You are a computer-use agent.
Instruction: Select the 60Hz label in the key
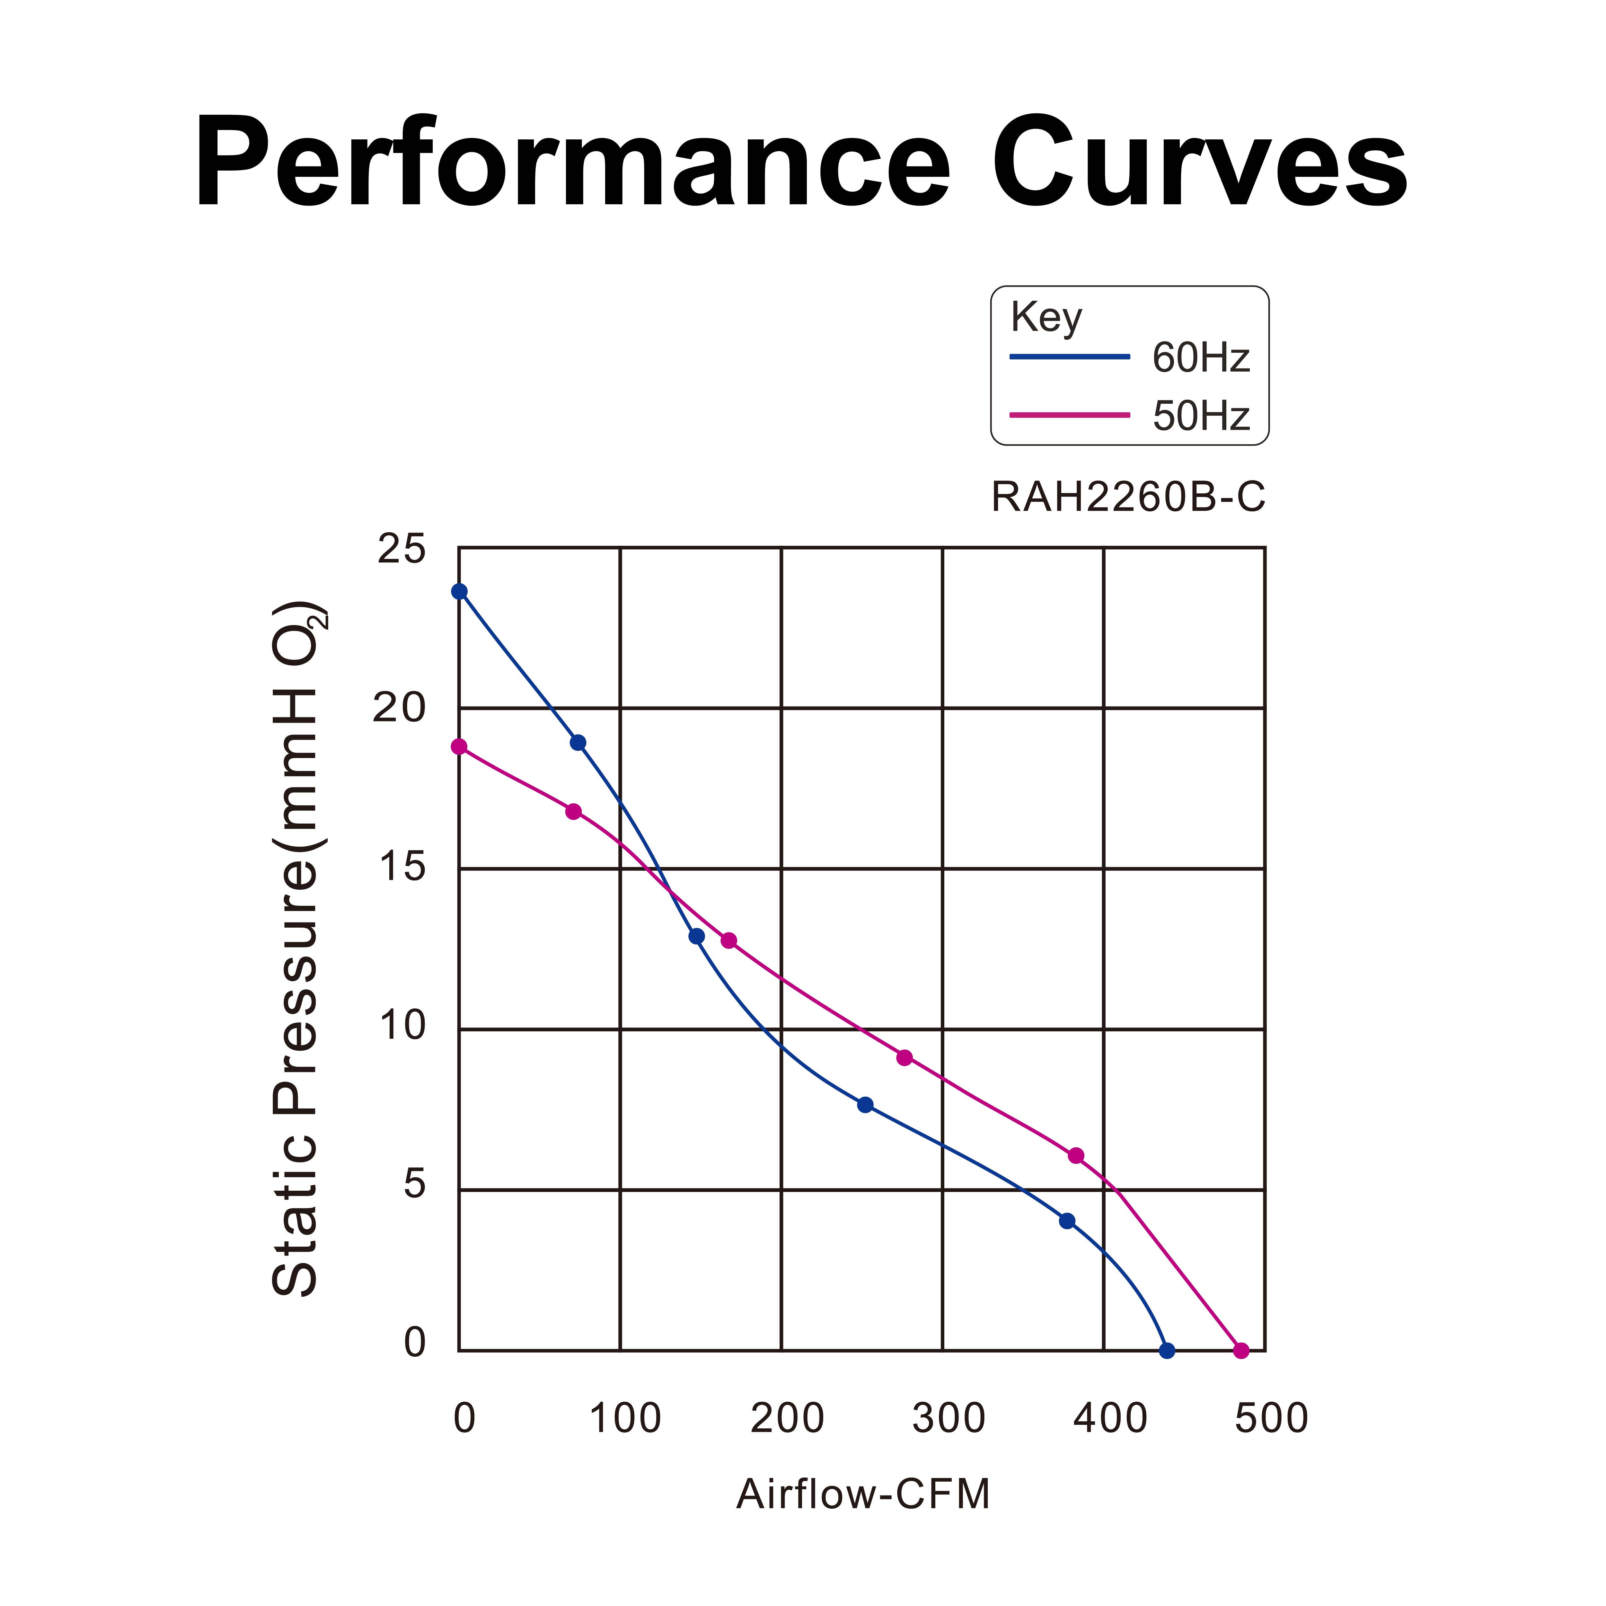pos(1200,357)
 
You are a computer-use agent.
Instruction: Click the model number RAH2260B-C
pos(1128,497)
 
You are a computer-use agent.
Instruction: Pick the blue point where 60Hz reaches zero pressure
pos(1167,1351)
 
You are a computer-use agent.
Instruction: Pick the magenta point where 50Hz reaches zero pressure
pos(1241,1351)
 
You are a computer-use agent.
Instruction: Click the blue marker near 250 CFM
pos(865,1105)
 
